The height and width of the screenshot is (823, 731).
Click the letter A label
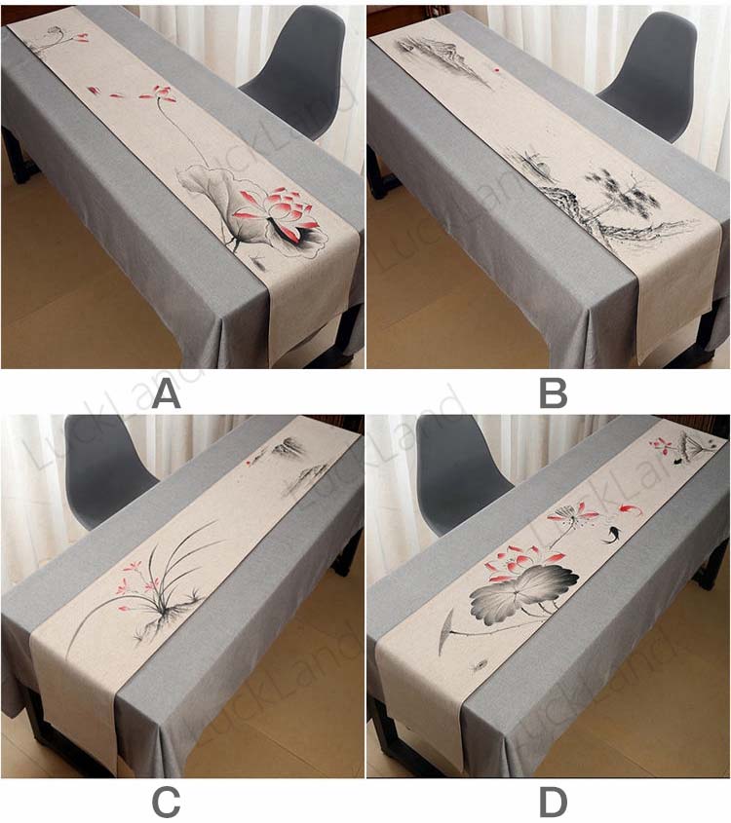click(167, 394)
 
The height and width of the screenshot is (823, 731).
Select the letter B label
click(553, 394)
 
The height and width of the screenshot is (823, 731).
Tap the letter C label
click(166, 803)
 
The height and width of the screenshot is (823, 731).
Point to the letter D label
click(554, 803)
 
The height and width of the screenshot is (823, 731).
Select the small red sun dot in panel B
click(496, 68)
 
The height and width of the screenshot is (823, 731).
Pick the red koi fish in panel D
click(625, 508)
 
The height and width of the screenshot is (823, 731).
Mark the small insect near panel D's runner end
click(478, 666)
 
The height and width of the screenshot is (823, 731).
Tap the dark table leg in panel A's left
click(15, 157)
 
